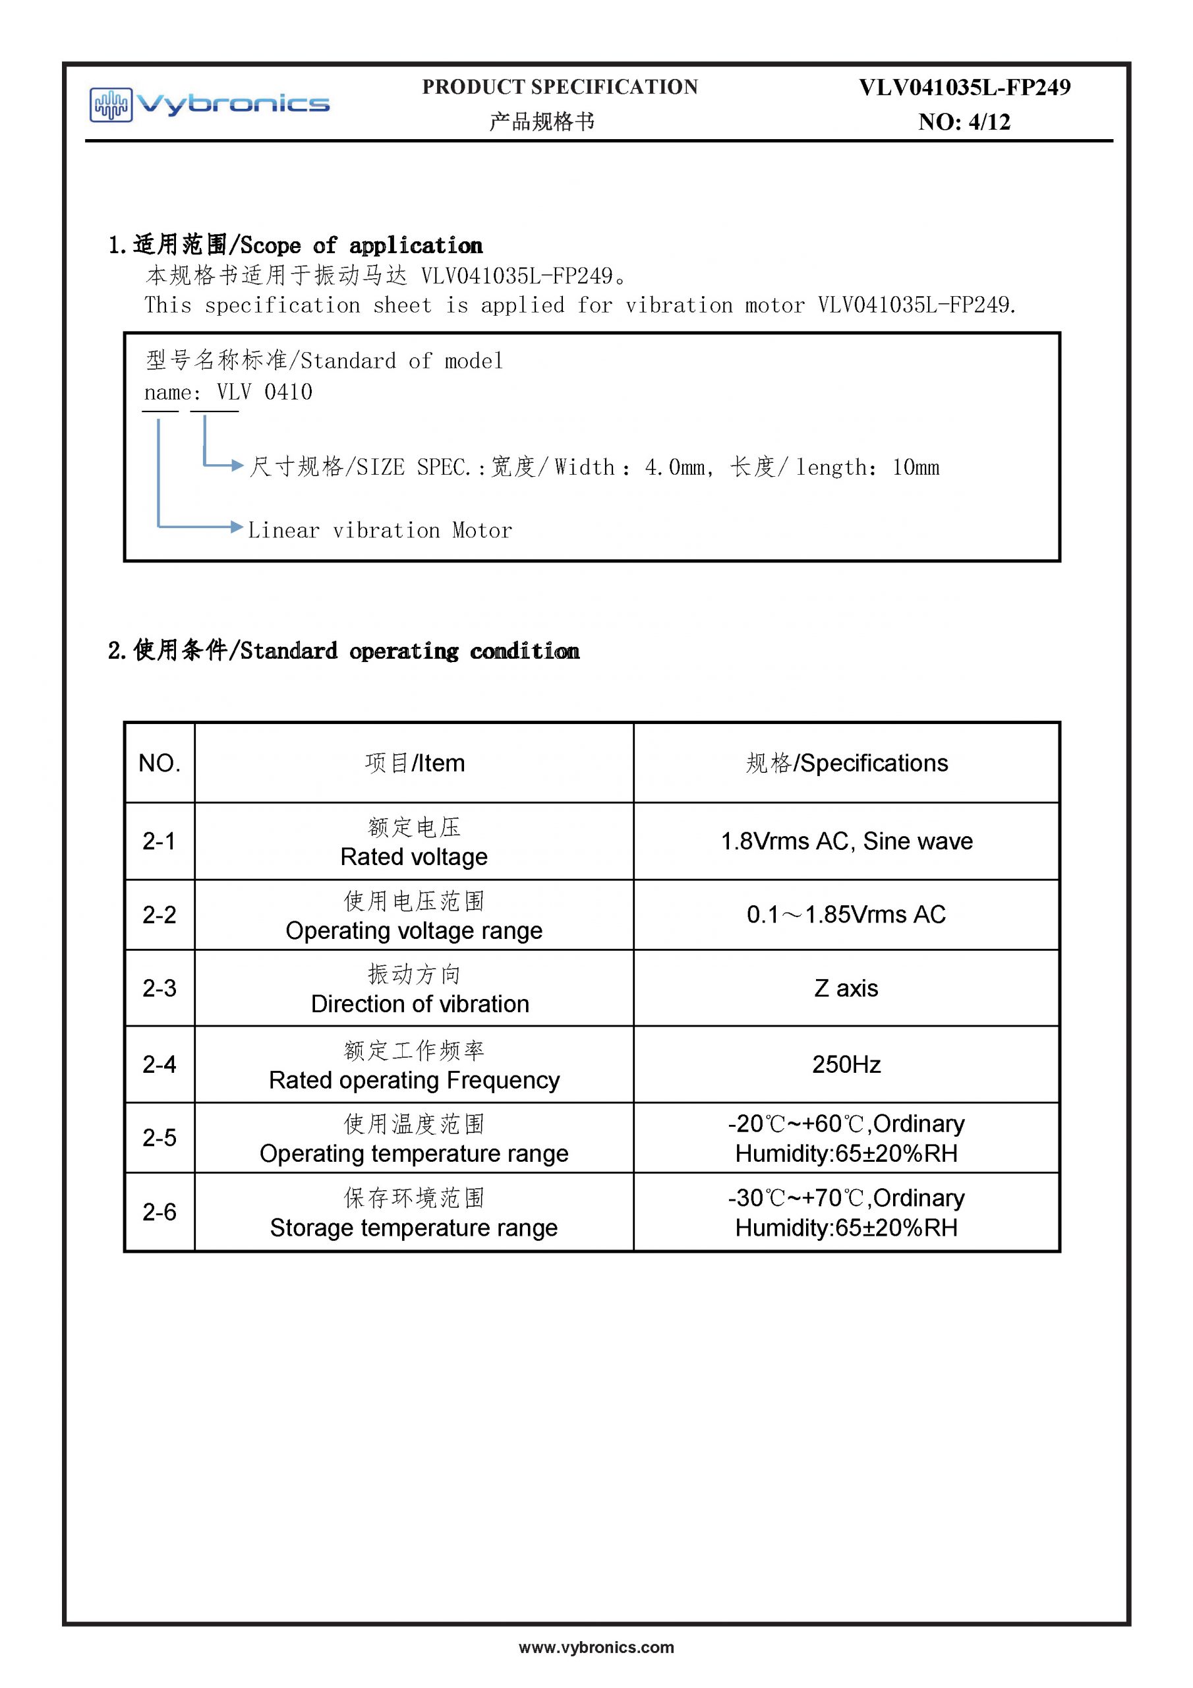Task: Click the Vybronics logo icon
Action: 111,104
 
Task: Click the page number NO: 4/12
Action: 964,122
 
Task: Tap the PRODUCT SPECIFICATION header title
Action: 560,88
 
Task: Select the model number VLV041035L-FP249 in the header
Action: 964,88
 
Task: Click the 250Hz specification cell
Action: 846,1064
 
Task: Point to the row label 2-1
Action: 159,840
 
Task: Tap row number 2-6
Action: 159,1211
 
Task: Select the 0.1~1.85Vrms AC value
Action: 846,915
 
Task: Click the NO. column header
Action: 159,763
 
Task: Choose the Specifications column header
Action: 846,763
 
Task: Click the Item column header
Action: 415,763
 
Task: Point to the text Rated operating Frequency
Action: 414,1080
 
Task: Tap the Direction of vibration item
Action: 420,1004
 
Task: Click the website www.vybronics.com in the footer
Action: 596,1648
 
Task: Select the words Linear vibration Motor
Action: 379,530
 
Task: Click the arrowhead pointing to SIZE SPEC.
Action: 237,466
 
